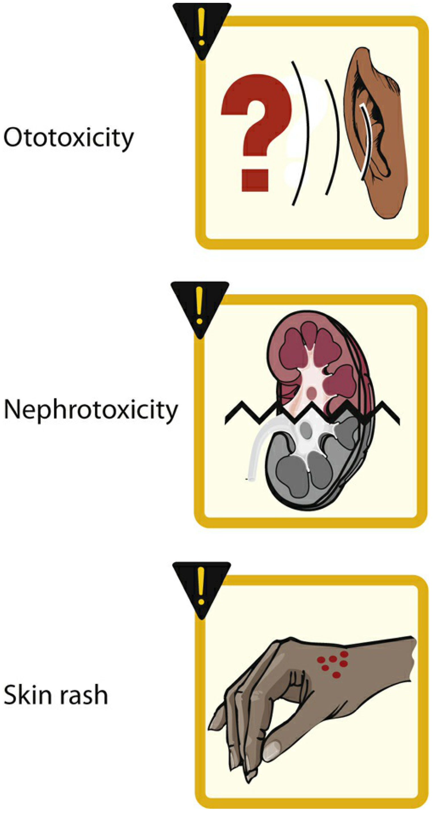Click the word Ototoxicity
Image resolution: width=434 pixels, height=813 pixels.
pos(68,138)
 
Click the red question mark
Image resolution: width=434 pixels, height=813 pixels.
pos(256,133)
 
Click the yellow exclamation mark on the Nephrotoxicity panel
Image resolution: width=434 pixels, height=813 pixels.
pos(199,305)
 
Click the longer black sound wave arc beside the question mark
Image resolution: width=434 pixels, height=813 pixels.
pos(301,133)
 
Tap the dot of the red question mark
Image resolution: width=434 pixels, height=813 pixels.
pos(255,181)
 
